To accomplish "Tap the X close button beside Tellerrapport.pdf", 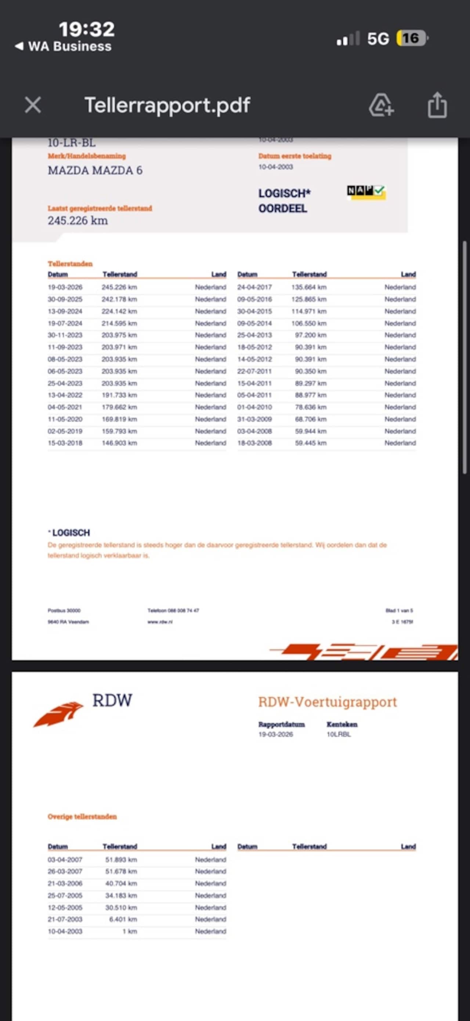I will pyautogui.click(x=33, y=105).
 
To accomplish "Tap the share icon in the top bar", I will pyautogui.click(x=437, y=105).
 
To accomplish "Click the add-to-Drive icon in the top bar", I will pyautogui.click(x=381, y=105).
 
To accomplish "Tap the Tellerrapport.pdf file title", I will pyautogui.click(x=167, y=105).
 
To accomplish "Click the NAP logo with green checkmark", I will pyautogui.click(x=366, y=192).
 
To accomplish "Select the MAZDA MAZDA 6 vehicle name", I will pyautogui.click(x=95, y=171).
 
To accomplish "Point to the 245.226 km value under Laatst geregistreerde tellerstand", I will pyautogui.click(x=78, y=221).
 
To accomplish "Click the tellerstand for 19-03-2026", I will pyautogui.click(x=119, y=287).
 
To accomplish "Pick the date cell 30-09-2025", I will pyautogui.click(x=65, y=299).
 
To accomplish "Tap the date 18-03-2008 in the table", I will pyautogui.click(x=254, y=443).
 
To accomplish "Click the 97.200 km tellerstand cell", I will pyautogui.click(x=311, y=335).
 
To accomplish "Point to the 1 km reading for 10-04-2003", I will pyautogui.click(x=130, y=931).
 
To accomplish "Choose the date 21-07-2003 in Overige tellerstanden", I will pyautogui.click(x=65, y=919).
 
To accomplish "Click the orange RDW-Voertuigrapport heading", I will pyautogui.click(x=327, y=702).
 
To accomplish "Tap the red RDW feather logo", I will pyautogui.click(x=59, y=714).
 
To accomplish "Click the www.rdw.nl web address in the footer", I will pyautogui.click(x=160, y=622).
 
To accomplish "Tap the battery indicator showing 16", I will pyautogui.click(x=412, y=39).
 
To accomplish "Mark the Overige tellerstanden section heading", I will pyautogui.click(x=82, y=817).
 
